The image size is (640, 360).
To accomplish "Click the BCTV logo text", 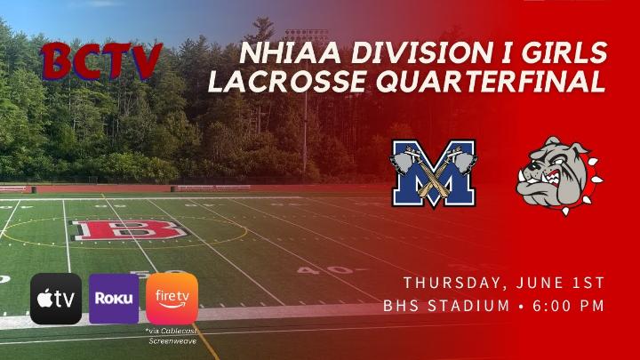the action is click(101, 60).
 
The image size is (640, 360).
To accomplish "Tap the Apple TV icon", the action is click(56, 299).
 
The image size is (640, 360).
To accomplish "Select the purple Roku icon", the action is click(114, 299).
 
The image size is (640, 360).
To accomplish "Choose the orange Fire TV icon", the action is click(172, 299).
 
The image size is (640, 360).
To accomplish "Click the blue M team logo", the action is click(434, 173).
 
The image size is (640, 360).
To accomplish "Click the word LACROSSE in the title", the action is click(288, 81).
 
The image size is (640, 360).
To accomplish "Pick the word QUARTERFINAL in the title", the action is click(491, 81).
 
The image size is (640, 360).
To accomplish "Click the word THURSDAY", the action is click(455, 283).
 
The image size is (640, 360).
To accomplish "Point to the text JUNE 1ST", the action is click(560, 283).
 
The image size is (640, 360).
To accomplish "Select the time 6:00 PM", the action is click(569, 306).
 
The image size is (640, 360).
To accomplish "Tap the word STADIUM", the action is click(468, 306).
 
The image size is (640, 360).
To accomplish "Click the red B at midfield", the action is click(129, 230).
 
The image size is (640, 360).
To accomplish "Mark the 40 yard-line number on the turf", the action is click(325, 270).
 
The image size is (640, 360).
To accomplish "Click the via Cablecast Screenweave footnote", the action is click(172, 336).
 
